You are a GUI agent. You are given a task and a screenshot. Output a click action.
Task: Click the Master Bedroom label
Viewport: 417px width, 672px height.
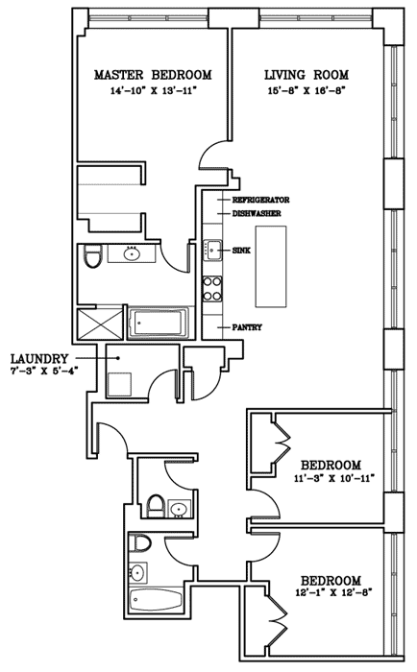[153, 75]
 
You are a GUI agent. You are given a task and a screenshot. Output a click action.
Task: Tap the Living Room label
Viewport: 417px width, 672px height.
[307, 75]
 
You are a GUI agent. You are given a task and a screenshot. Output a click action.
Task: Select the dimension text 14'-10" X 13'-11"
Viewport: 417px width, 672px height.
[153, 90]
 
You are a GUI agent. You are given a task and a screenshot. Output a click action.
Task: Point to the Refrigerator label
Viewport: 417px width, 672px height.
[260, 200]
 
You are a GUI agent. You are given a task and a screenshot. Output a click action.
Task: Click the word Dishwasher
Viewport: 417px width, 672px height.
[257, 213]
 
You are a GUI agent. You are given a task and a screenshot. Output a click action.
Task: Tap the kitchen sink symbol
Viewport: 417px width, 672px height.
[212, 250]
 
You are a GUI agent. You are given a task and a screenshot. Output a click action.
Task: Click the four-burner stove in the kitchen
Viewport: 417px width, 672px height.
[212, 288]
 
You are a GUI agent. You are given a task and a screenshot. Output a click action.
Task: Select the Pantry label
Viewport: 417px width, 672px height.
[247, 327]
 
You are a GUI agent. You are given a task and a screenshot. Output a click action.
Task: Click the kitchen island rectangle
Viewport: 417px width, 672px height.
[271, 266]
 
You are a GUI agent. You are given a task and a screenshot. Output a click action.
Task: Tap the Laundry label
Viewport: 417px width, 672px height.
[39, 358]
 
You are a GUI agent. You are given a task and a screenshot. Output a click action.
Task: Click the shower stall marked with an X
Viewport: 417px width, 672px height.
[99, 324]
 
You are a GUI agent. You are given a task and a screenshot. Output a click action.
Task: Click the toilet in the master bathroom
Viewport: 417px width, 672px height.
[92, 255]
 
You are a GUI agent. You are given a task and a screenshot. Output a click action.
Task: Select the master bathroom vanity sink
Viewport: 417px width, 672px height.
[132, 254]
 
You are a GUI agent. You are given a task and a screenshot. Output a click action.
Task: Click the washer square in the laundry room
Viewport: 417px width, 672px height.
[119, 384]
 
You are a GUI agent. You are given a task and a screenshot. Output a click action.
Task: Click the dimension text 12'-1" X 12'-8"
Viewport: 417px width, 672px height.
[332, 592]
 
